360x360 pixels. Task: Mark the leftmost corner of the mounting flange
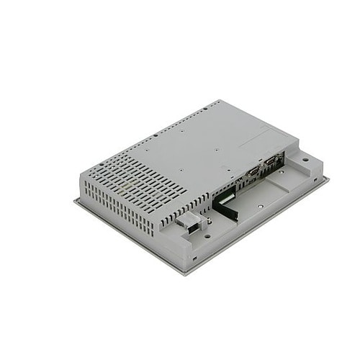75,202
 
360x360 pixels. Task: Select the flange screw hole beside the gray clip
207,234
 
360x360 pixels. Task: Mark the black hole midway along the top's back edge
156,135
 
